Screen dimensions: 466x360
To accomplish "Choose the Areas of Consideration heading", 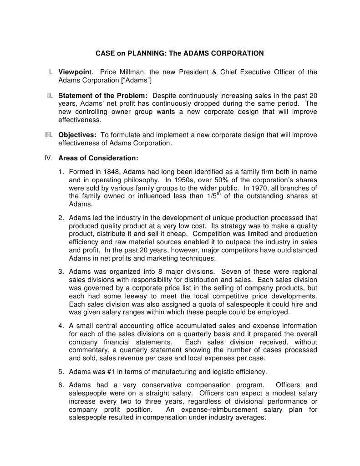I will pos(98,158).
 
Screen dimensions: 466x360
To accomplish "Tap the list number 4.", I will pos(61,326).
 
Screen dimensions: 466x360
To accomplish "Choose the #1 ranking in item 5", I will pos(119,371).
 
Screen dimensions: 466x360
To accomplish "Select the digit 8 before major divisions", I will pos(182,271).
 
